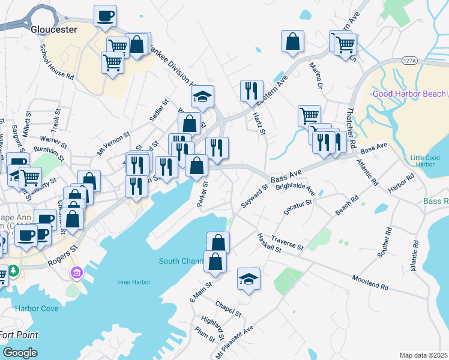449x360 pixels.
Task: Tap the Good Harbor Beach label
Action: tap(409, 94)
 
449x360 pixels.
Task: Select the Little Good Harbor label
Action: tap(425, 161)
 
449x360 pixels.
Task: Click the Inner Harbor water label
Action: tap(133, 282)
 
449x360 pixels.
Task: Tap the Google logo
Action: tap(19, 353)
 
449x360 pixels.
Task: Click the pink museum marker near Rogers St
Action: tap(76, 274)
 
